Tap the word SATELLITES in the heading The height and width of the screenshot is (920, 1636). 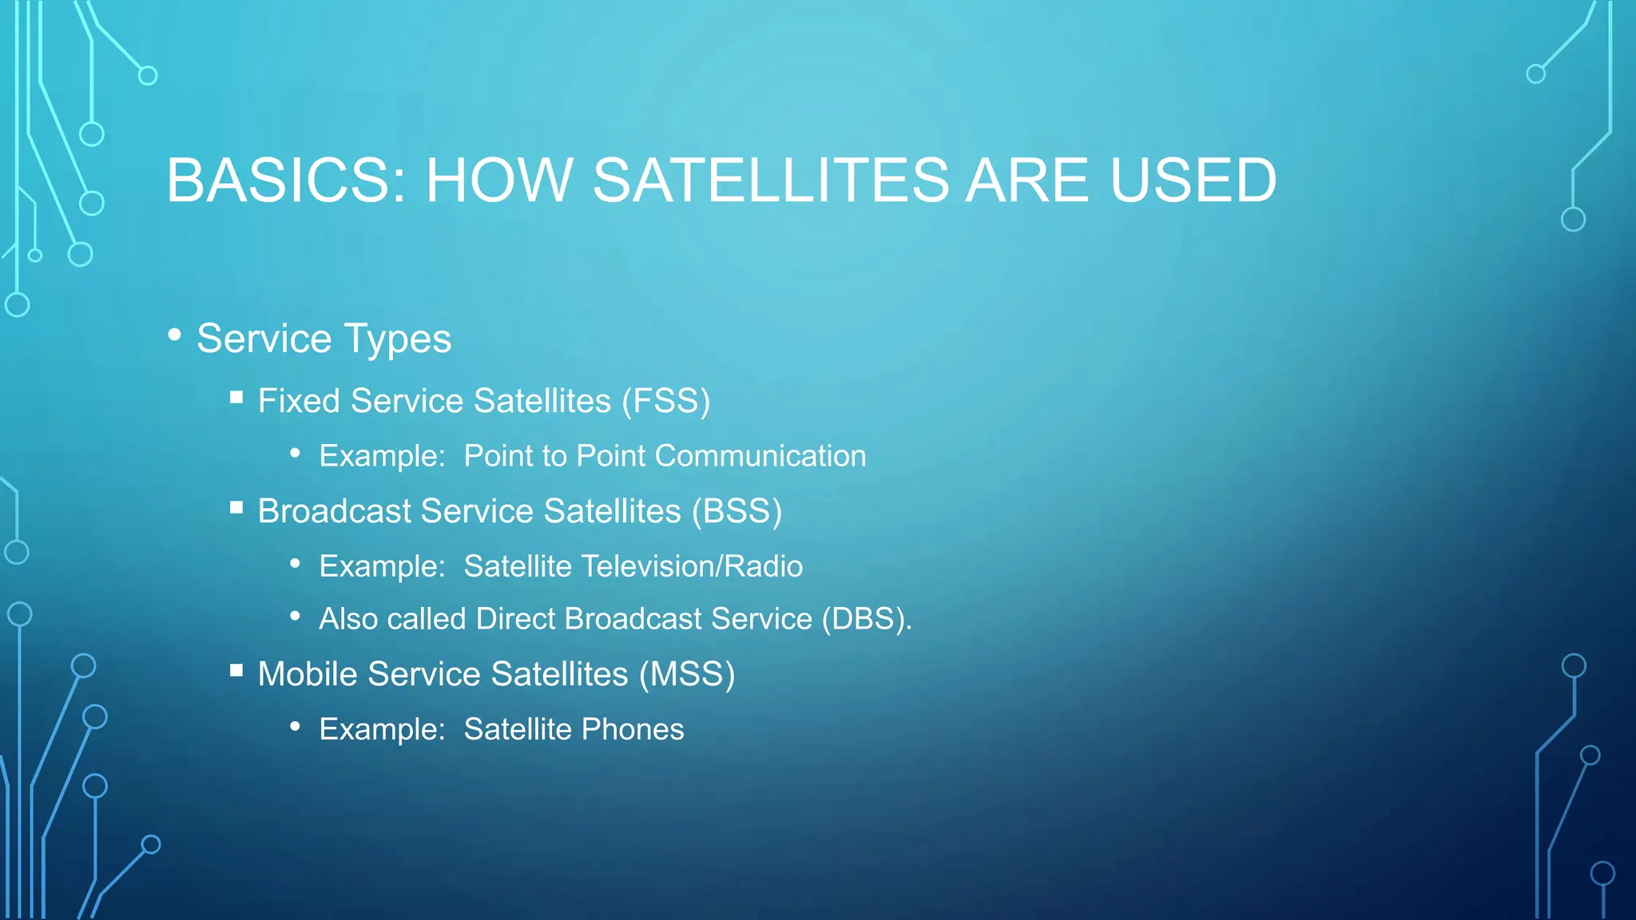(x=771, y=180)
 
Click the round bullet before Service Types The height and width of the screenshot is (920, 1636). (x=175, y=335)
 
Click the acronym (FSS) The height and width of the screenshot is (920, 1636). (x=665, y=401)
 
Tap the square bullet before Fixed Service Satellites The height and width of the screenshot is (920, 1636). (x=236, y=398)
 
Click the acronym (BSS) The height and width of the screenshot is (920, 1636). (x=737, y=511)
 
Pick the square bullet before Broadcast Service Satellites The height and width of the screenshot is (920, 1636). (x=236, y=508)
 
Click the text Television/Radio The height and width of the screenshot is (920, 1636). (x=692, y=566)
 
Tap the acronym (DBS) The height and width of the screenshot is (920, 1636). (x=866, y=619)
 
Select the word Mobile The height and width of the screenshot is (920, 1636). (x=307, y=674)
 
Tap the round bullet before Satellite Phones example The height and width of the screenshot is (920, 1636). (x=296, y=726)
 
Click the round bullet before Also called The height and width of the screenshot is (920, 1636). (x=296, y=616)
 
